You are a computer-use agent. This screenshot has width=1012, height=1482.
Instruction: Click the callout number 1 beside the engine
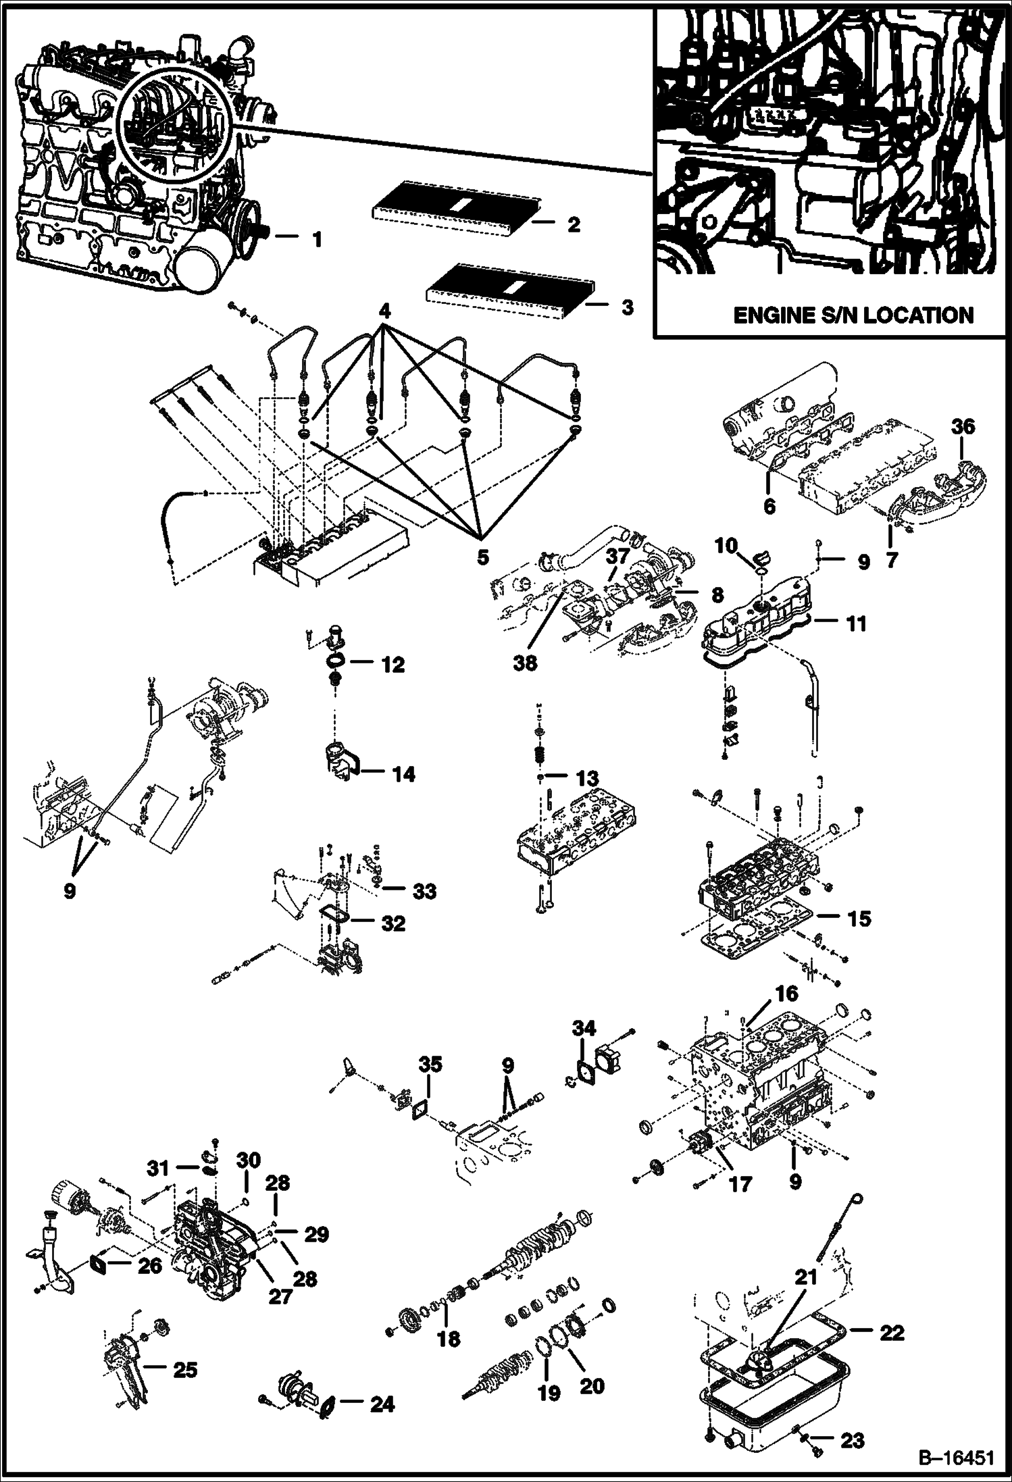pyautogui.click(x=316, y=239)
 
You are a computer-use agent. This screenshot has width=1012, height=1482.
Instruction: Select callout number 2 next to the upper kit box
pyautogui.click(x=573, y=224)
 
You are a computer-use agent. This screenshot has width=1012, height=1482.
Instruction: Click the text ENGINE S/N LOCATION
pyautogui.click(x=853, y=315)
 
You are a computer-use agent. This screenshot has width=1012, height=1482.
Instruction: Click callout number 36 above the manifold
pyautogui.click(x=963, y=426)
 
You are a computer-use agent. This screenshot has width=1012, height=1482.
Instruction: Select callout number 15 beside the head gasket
pyautogui.click(x=859, y=918)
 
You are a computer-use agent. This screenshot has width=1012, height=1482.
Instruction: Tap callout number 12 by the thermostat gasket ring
pyautogui.click(x=392, y=664)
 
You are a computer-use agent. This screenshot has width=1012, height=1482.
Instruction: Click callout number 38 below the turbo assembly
pyautogui.click(x=524, y=663)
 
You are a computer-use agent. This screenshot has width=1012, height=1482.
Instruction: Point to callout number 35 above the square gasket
pyautogui.click(x=430, y=1065)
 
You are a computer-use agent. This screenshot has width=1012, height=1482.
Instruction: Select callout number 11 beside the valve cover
pyautogui.click(x=856, y=623)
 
